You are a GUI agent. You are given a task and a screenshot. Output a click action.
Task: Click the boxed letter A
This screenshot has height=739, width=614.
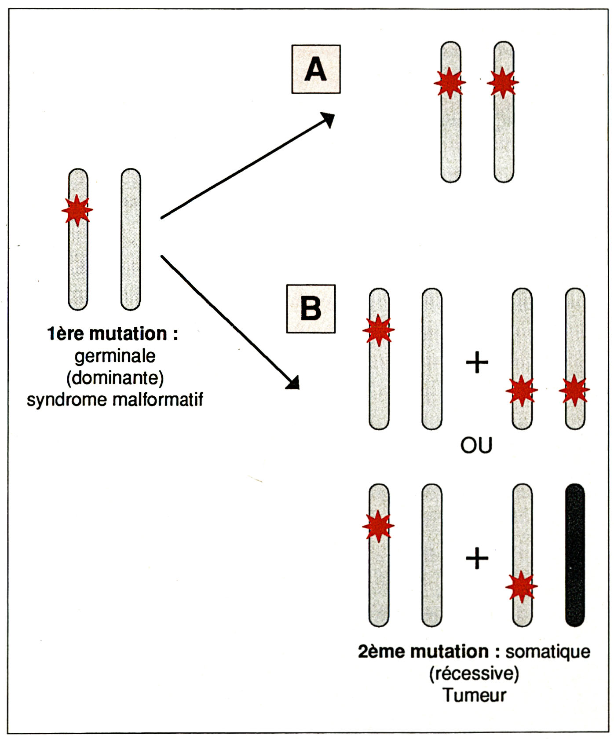tap(316, 69)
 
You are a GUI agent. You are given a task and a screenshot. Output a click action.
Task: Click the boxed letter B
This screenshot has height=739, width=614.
tap(311, 308)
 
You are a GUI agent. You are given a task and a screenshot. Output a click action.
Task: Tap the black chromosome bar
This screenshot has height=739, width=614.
tap(574, 555)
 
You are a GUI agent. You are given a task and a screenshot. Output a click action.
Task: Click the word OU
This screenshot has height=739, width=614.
tap(476, 446)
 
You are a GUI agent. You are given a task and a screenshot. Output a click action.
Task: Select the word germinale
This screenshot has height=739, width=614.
tap(115, 356)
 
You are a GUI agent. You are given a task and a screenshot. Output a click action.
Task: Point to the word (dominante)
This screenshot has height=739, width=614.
tap(115, 378)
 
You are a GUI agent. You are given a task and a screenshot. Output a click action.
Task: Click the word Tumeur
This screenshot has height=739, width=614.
tap(474, 695)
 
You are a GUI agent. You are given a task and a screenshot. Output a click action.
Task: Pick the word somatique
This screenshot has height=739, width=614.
tap(548, 651)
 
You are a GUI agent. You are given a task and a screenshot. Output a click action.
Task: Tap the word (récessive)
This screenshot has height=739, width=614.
tap(474, 673)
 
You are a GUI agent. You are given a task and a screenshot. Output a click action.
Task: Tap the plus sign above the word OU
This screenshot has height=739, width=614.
tap(477, 363)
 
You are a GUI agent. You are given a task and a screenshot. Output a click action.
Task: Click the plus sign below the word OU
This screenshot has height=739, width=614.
tap(477, 559)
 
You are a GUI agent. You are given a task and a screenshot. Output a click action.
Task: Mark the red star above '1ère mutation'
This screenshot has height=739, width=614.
tap(77, 210)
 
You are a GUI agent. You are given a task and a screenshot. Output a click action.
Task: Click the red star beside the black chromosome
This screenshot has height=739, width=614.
tap(522, 586)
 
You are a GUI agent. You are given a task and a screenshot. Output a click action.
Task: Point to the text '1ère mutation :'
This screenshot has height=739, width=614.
tap(112, 334)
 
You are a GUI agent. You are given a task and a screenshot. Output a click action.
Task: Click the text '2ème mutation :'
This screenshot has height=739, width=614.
tap(429, 651)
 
